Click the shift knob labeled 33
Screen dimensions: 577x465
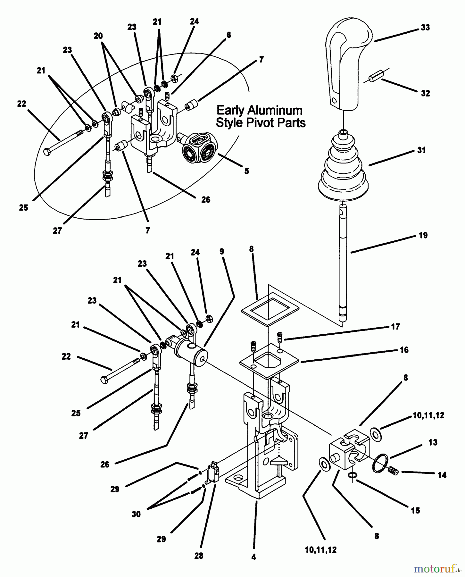pyautogui.click(x=348, y=64)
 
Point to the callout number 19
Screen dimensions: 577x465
pyautogui.click(x=423, y=235)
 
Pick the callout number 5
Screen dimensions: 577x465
pyautogui.click(x=246, y=171)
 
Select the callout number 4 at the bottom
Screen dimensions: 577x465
pyautogui.click(x=253, y=557)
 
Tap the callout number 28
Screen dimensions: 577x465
pyautogui.click(x=199, y=556)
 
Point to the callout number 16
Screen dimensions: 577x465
pyautogui.click(x=404, y=350)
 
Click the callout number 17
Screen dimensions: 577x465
pyautogui.click(x=395, y=327)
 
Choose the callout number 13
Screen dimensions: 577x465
pyautogui.click(x=433, y=442)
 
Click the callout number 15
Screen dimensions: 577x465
pyautogui.click(x=415, y=510)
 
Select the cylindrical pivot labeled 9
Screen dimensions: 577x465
pyautogui.click(x=191, y=351)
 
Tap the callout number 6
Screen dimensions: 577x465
pyautogui.click(x=228, y=35)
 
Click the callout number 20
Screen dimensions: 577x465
pyautogui.click(x=98, y=36)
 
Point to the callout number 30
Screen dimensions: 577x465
pyautogui.click(x=136, y=514)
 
